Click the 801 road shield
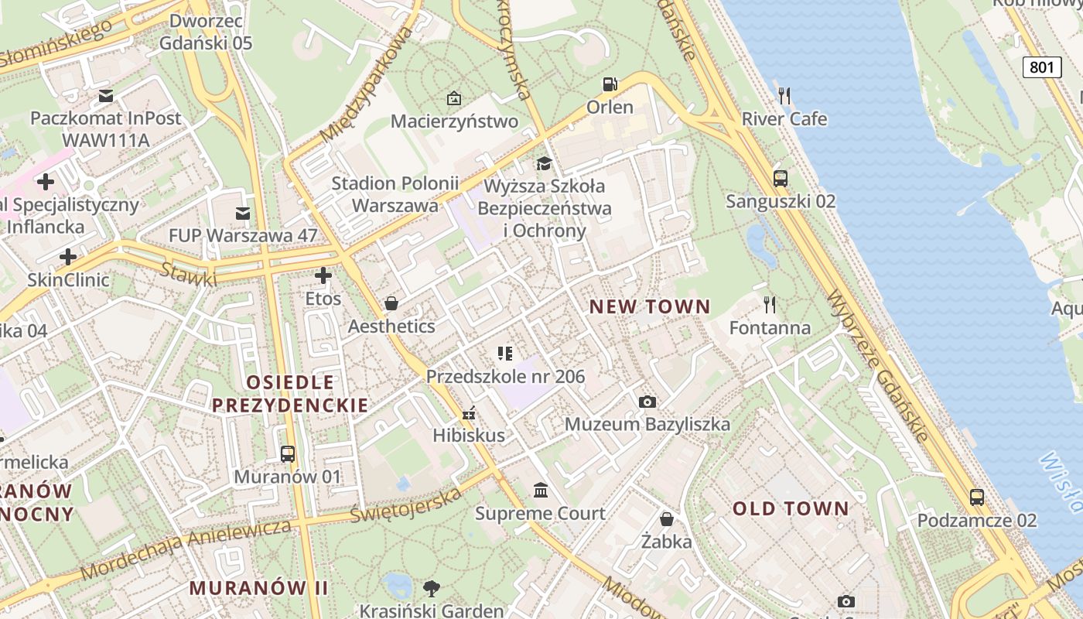(x=1041, y=67)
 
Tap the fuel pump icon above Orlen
(x=610, y=84)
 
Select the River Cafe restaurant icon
(x=784, y=96)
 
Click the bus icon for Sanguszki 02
(x=781, y=179)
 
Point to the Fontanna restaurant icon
(x=769, y=304)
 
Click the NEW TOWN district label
(x=650, y=306)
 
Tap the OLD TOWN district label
(x=791, y=508)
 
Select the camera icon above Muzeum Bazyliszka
(x=647, y=402)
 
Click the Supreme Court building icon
(x=541, y=491)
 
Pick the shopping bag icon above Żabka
(x=666, y=518)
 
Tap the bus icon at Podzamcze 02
(x=977, y=498)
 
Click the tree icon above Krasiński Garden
(x=432, y=588)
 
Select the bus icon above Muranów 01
(x=288, y=454)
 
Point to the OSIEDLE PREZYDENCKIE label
(x=290, y=393)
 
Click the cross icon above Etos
(x=323, y=275)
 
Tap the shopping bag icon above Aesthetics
(x=391, y=303)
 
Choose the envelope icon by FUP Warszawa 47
(x=243, y=213)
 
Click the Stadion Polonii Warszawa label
(x=395, y=194)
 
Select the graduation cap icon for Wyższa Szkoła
(x=545, y=163)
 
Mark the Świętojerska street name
(x=405, y=504)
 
